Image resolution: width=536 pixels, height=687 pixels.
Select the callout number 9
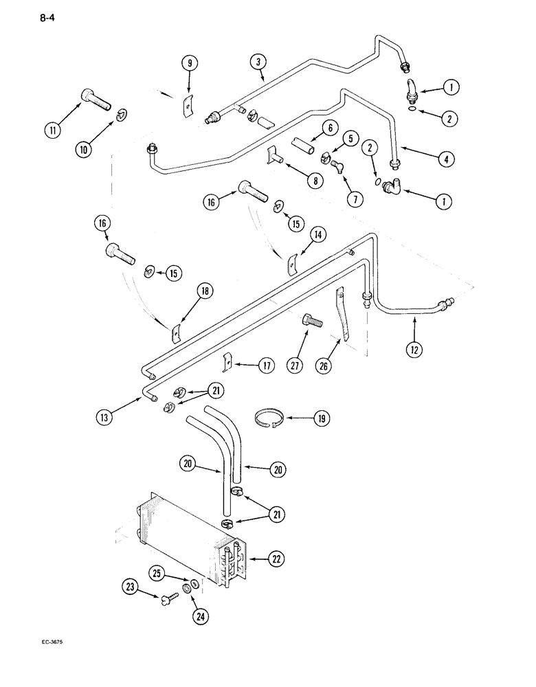190,63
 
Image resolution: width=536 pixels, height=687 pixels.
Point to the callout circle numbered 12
414,349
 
